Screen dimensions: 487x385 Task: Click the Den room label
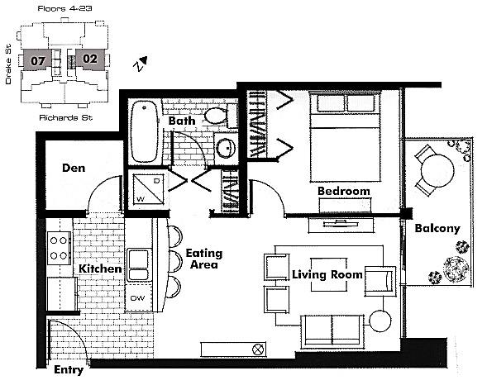coord(74,168)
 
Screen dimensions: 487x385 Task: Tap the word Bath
coord(182,121)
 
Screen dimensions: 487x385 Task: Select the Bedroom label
coord(344,191)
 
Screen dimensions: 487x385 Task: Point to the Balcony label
coord(437,229)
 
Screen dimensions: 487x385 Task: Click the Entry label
coord(69,370)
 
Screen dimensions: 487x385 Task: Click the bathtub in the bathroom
coord(144,131)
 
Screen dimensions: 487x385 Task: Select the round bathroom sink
coord(226,148)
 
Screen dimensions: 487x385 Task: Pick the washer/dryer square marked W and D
coord(148,189)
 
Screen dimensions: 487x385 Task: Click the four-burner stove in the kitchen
coord(59,248)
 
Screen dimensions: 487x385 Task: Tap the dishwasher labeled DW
coord(138,297)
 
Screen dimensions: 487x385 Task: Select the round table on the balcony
coord(437,171)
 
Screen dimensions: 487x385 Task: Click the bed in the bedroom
coord(345,136)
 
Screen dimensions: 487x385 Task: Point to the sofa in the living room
coord(332,330)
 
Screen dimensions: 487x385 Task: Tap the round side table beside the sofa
coord(380,321)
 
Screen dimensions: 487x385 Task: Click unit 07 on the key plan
coord(37,60)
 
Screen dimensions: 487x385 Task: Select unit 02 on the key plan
coord(90,59)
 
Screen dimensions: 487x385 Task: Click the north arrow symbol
coord(141,64)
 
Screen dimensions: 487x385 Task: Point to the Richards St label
coord(66,117)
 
